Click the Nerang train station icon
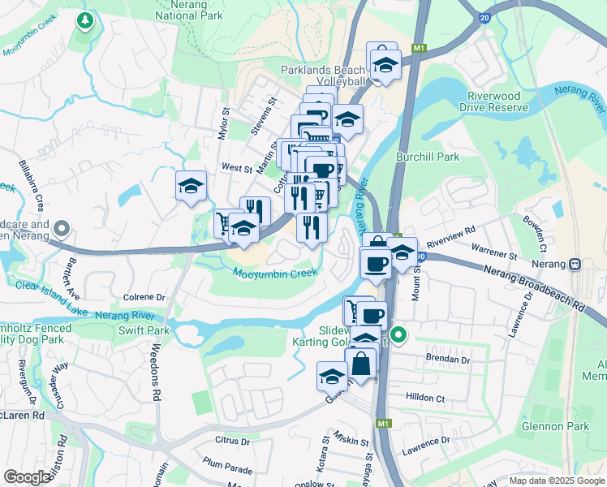click(575, 264)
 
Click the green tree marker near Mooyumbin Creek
click(84, 20)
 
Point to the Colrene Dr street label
click(144, 298)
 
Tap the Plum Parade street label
click(228, 469)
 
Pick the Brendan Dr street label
click(448, 359)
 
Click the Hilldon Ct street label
click(428, 399)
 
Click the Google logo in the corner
click(27, 476)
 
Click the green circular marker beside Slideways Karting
click(398, 334)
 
